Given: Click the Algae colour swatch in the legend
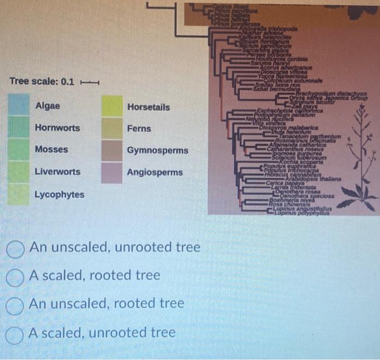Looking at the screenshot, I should tap(18, 104).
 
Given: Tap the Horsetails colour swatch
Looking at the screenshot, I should tap(112, 106).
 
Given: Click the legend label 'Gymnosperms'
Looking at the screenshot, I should tap(157, 150).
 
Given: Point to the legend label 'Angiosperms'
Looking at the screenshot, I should tap(155, 172).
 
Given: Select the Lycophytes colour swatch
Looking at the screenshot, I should tap(18, 194).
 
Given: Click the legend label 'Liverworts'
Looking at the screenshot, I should tap(57, 172).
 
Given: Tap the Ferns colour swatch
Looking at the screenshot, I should tap(112, 128).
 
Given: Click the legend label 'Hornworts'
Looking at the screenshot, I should tap(57, 128).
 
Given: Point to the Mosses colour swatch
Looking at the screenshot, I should tap(18, 149).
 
